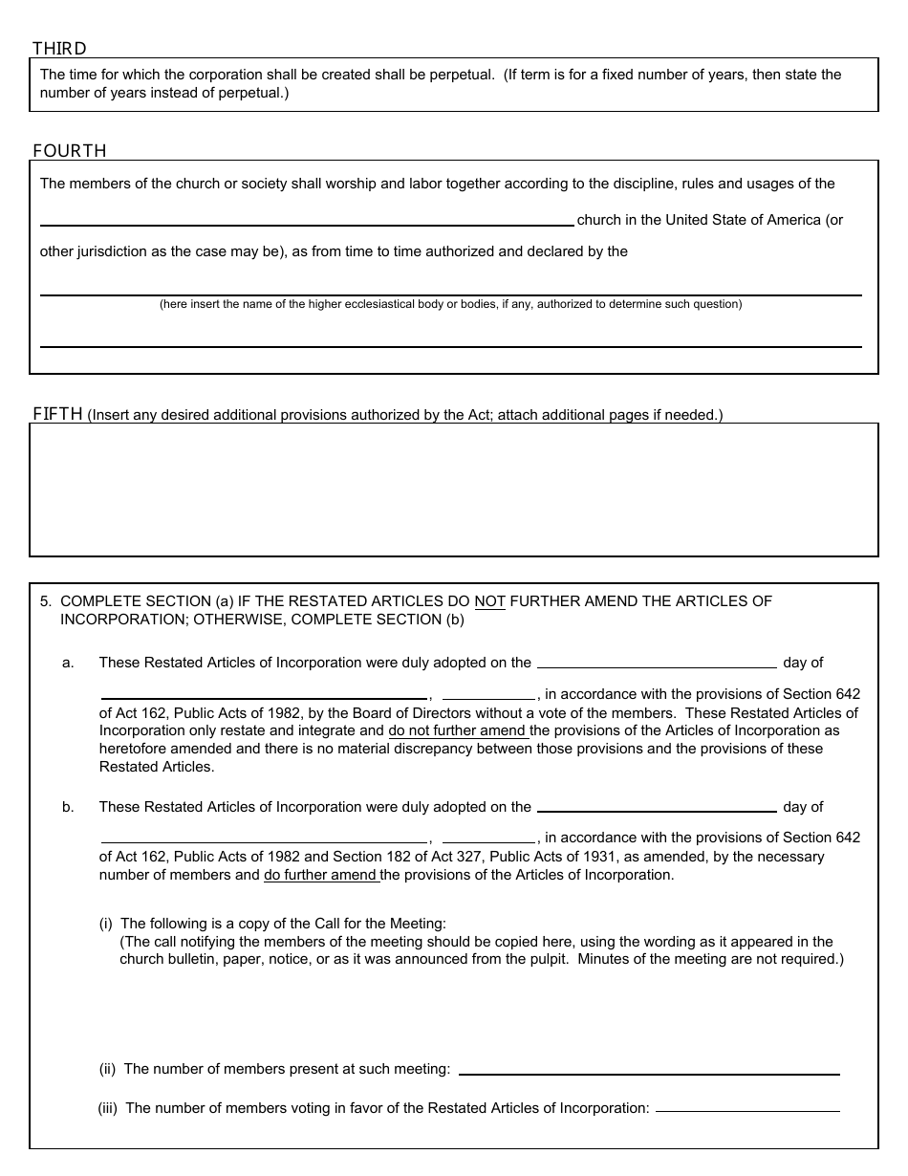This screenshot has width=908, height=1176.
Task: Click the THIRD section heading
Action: [x=59, y=48]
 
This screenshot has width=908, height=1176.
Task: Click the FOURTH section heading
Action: [x=70, y=150]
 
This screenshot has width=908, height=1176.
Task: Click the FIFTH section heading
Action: [x=58, y=414]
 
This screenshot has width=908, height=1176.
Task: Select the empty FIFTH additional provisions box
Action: [x=453, y=490]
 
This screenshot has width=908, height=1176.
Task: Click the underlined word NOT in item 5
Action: [x=489, y=601]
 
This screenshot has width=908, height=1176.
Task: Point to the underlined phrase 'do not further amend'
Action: [x=458, y=731]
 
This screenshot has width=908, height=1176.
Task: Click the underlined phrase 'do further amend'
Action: [x=321, y=875]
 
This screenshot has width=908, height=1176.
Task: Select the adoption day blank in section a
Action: [x=657, y=664]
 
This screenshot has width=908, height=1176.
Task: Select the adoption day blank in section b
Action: [x=657, y=808]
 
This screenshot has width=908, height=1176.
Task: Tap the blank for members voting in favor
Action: [x=747, y=1109]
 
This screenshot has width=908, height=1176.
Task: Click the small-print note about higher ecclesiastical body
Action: [x=450, y=304]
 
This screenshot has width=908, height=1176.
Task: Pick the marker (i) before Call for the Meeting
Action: [x=106, y=924]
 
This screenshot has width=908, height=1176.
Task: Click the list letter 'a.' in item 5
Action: [x=68, y=663]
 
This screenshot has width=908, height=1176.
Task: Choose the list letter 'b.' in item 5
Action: [x=68, y=807]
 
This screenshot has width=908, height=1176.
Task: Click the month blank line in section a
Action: [x=264, y=695]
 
